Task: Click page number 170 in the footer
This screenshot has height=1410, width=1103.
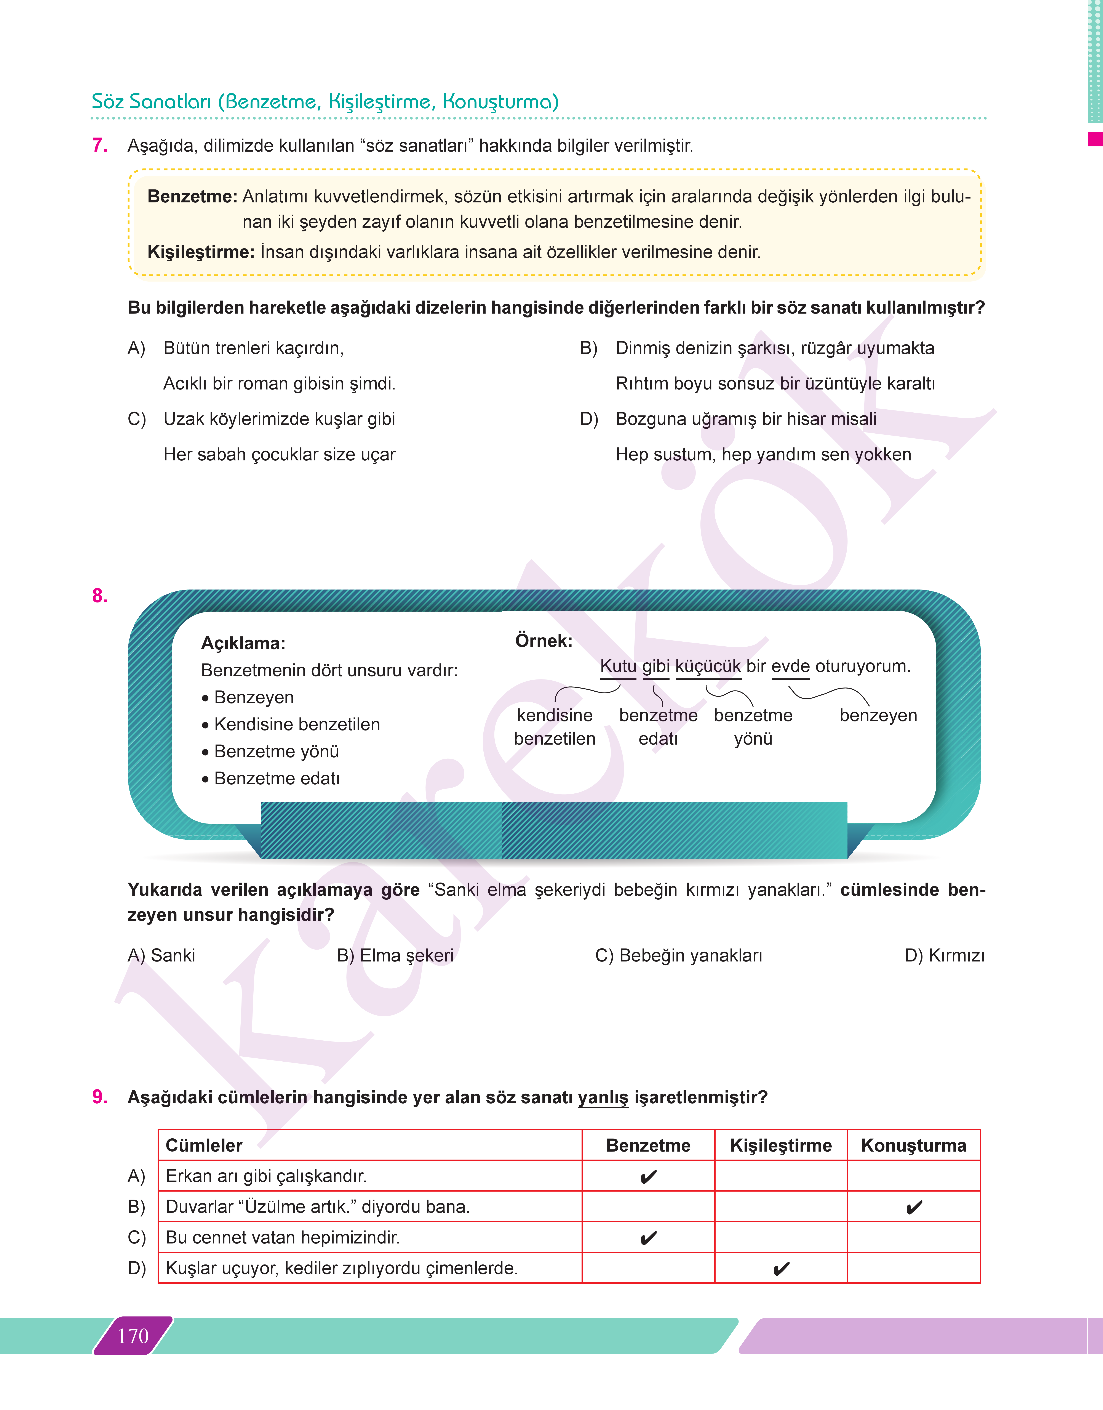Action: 133,1336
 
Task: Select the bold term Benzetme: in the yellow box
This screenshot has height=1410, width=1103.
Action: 192,196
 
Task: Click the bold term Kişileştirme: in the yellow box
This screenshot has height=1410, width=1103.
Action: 201,252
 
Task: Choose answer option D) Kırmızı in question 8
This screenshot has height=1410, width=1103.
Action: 944,955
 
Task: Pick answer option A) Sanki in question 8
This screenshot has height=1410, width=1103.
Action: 161,955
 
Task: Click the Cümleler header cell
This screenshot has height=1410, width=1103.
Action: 204,1145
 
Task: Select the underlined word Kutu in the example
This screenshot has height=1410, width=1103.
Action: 618,666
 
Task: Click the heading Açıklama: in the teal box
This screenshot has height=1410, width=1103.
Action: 243,643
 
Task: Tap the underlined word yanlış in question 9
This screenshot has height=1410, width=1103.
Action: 603,1097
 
